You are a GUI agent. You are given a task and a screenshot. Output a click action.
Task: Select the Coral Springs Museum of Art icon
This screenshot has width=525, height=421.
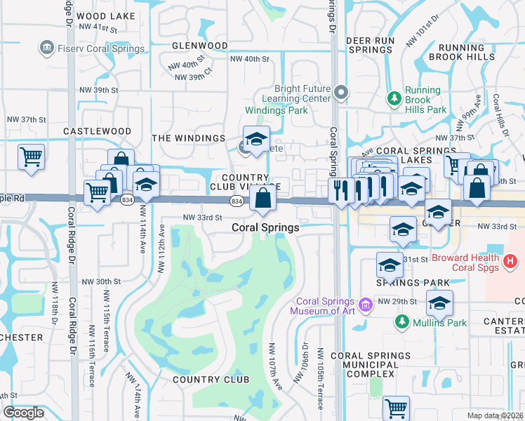click(364, 305)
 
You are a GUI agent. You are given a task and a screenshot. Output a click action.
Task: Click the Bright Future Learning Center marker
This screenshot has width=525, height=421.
click(341, 93)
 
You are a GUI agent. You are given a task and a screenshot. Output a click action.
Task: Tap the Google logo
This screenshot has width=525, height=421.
click(24, 413)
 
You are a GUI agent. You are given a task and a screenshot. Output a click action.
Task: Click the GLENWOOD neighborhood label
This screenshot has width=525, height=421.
click(200, 46)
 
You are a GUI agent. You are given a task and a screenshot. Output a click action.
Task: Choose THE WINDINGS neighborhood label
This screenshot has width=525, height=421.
click(189, 138)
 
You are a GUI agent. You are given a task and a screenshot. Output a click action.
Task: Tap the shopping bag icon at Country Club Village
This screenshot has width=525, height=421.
click(262, 199)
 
